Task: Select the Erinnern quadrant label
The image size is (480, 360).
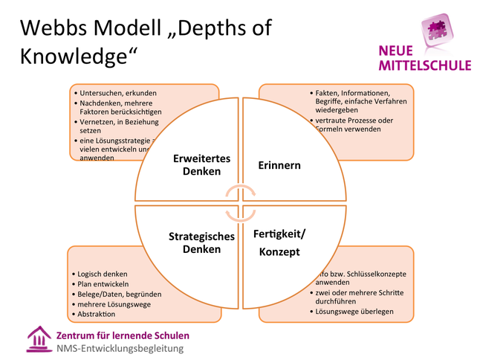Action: tap(279, 164)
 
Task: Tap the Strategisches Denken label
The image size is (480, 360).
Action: tap(201, 242)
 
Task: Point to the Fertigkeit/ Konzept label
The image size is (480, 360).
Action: tap(279, 243)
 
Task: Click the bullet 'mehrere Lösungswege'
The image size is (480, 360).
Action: tap(112, 304)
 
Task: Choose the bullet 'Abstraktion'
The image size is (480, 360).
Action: tap(100, 315)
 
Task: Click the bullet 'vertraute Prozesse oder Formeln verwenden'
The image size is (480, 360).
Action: tap(354, 124)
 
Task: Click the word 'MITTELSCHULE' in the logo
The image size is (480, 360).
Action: tap(424, 65)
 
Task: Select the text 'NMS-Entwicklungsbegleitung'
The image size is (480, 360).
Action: tap(120, 348)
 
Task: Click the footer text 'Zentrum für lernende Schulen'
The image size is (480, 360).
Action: tap(123, 335)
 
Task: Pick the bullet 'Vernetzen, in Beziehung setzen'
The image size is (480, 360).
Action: tap(119, 125)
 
